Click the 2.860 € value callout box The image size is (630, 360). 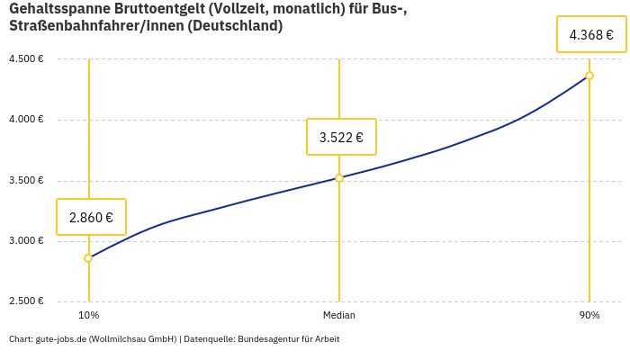[91, 217]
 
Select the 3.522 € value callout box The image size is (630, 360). [341, 137]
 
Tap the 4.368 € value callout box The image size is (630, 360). [591, 35]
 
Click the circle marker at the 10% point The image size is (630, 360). [88, 258]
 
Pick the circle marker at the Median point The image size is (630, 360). [339, 178]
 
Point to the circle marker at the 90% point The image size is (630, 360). [589, 76]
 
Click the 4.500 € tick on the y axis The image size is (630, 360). [26, 59]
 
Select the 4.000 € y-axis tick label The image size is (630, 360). [26, 120]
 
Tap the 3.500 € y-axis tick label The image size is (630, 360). [26, 181]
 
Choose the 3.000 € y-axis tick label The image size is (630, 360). [26, 241]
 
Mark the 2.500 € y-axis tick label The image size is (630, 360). [26, 301]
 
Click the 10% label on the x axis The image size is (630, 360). [88, 316]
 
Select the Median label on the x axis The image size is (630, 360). [339, 316]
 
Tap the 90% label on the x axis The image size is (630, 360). [589, 316]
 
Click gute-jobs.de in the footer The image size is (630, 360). [60, 339]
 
